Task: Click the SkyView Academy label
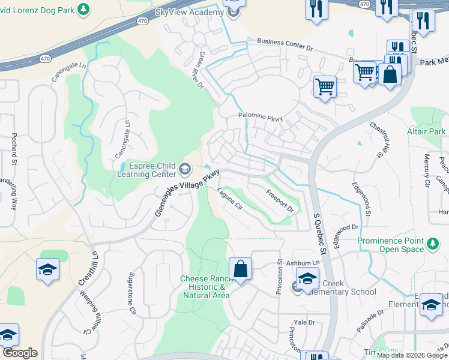point(188,12)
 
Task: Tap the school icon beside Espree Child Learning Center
point(185,167)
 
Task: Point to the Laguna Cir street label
point(229,200)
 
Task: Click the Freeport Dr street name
point(279,201)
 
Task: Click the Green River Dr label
point(199,70)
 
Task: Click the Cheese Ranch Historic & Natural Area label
point(205,287)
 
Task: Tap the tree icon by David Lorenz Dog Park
point(84,9)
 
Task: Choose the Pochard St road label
point(13,149)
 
